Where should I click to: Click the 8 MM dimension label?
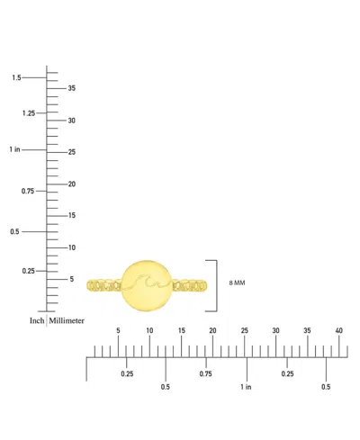point(237,283)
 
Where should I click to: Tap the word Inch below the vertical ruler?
point(37,320)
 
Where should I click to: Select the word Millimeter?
point(67,320)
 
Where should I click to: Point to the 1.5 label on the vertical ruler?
point(16,77)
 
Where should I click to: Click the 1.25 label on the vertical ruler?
point(29,113)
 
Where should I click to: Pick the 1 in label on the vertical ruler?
point(14,149)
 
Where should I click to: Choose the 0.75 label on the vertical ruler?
point(28,191)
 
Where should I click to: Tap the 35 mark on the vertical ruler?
point(71,88)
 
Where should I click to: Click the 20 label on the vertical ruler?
point(72,184)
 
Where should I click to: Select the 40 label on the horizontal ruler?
point(338,330)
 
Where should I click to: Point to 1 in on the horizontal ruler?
point(246,387)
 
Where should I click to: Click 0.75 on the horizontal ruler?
point(206,374)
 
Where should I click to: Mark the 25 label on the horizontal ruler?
point(245,330)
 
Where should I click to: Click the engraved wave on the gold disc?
point(147,281)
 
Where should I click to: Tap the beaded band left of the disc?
point(104,286)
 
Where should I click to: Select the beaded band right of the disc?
point(190,285)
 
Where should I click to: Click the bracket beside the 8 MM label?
point(216,286)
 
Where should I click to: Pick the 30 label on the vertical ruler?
point(71,121)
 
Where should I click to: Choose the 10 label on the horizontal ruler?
point(149,330)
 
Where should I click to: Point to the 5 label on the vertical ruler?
point(72,279)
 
